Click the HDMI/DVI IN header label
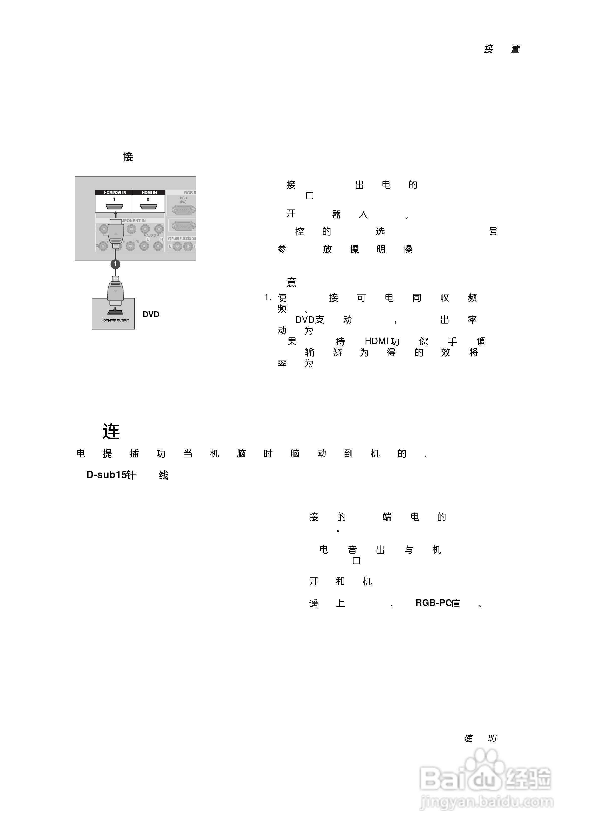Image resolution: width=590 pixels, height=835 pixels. (115, 193)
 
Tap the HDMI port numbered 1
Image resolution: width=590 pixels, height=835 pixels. (114, 207)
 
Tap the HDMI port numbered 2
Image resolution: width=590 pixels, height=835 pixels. (148, 207)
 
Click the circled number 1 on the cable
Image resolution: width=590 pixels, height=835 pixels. (115, 264)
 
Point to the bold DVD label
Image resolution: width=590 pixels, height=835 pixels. (150, 315)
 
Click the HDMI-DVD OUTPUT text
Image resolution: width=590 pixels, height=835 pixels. (115, 320)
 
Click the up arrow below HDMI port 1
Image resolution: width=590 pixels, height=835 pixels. (115, 215)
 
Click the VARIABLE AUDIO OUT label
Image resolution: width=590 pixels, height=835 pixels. (181, 239)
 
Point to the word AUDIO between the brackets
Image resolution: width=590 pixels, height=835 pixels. (151, 235)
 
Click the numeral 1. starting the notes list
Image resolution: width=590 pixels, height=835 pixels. (268, 298)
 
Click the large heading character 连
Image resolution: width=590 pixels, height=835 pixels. (111, 431)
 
